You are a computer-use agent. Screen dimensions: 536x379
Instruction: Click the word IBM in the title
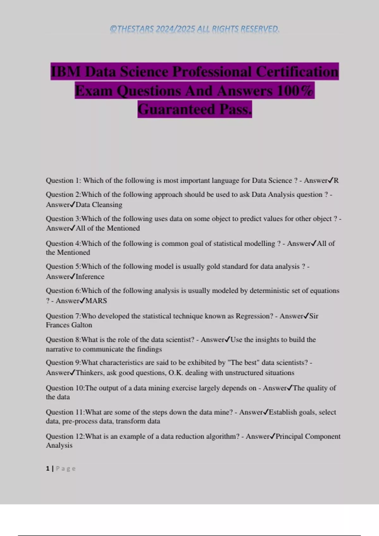click(66, 72)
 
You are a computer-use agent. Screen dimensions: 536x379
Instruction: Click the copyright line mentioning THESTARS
click(195, 29)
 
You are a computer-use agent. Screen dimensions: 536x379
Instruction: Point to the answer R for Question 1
click(336, 181)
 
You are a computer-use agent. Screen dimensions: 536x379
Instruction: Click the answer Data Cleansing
click(99, 205)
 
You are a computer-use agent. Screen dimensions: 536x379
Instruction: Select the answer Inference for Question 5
click(90, 277)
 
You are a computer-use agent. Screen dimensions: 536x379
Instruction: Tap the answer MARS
click(96, 301)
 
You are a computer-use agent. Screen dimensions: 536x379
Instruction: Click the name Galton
click(82, 325)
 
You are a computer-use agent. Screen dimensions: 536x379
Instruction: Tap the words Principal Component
click(308, 436)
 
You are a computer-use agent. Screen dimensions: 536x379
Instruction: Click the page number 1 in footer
click(48, 469)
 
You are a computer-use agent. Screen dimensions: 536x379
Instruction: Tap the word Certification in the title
click(297, 72)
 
